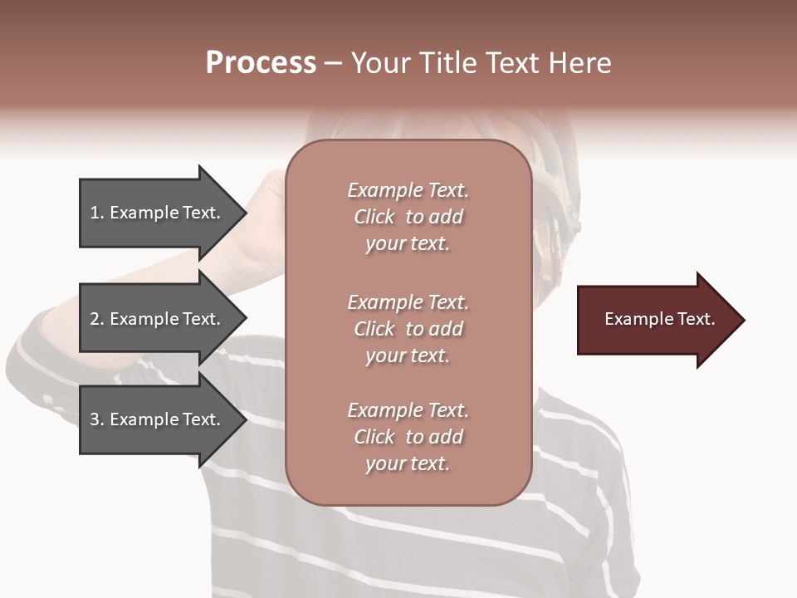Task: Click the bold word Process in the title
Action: [x=261, y=63]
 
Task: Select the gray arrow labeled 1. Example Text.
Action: [x=158, y=213]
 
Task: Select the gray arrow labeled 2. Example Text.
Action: [x=158, y=319]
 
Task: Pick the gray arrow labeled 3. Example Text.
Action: [x=158, y=419]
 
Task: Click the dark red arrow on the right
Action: [x=656, y=319]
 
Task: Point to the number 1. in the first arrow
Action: [x=97, y=213]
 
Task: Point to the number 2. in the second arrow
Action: [x=97, y=319]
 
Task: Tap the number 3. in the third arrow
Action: [x=97, y=419]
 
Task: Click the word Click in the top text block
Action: [x=374, y=217]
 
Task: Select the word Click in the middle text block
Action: [x=374, y=329]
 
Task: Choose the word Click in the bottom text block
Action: [x=374, y=437]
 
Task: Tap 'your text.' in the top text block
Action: [x=408, y=244]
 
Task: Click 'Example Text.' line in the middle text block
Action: [x=408, y=302]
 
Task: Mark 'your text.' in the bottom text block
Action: [x=408, y=464]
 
